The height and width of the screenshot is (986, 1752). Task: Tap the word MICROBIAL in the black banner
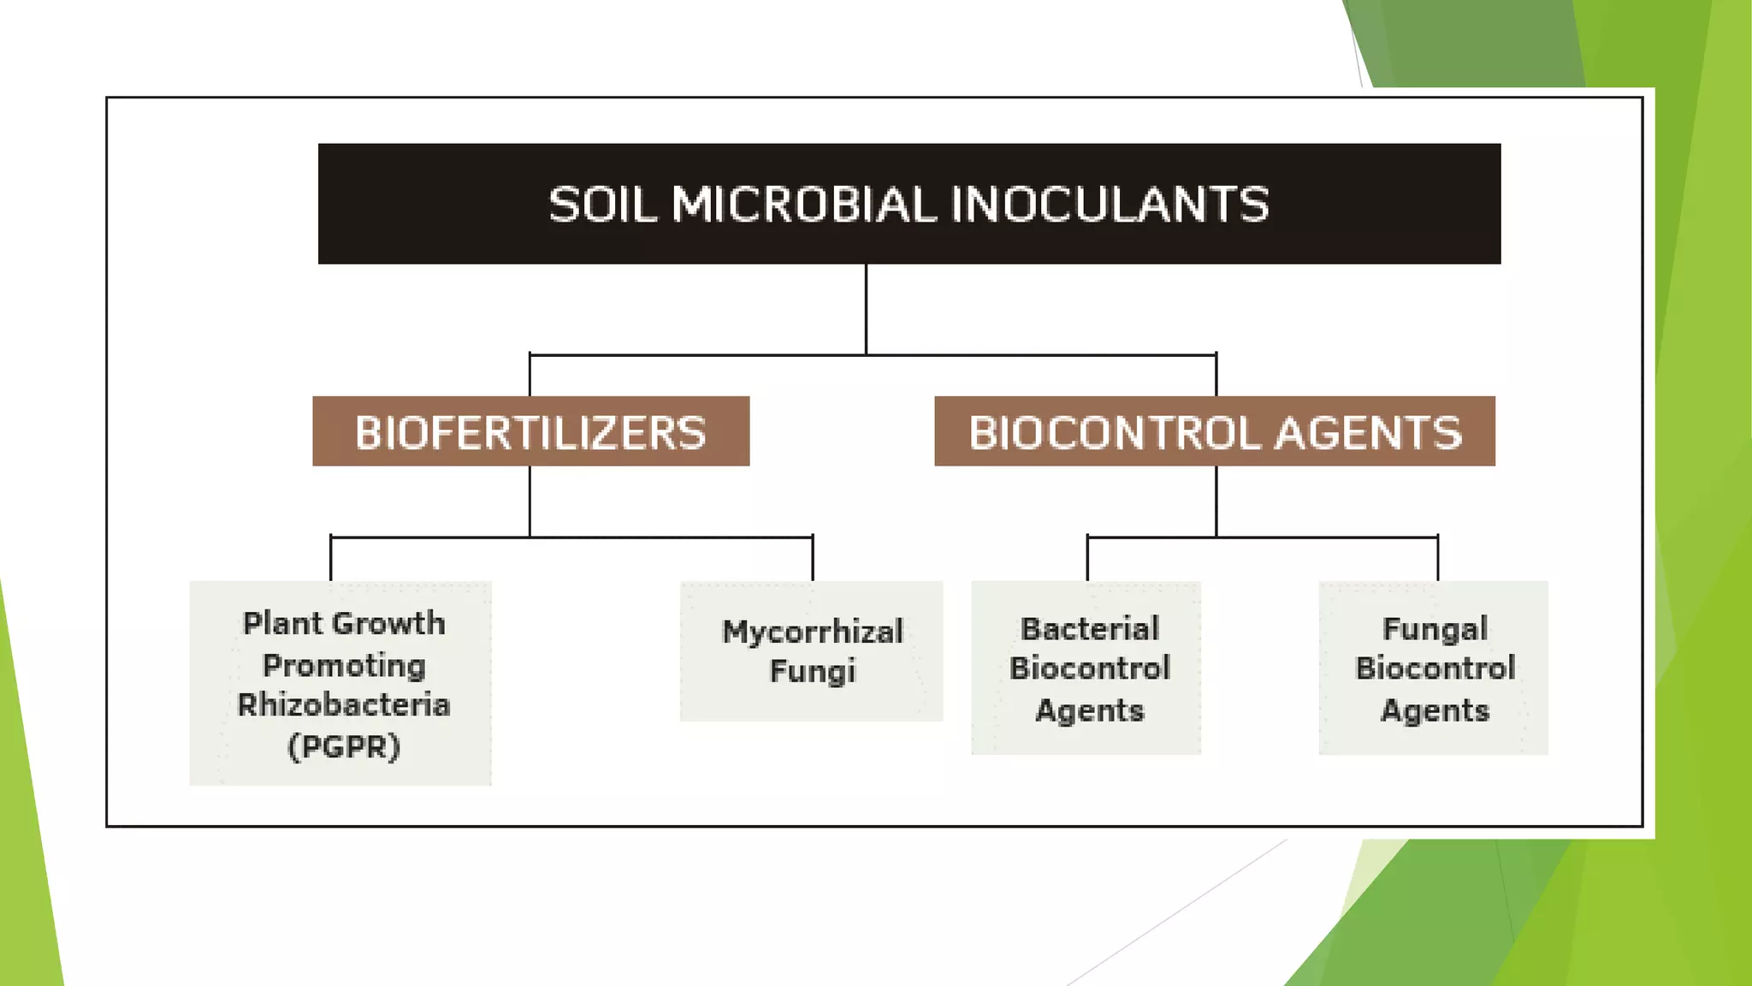pos(803,205)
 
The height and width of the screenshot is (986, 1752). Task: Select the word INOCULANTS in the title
pos(1110,205)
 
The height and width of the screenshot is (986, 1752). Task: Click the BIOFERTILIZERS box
pos(530,432)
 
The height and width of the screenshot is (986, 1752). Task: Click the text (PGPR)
pos(344,746)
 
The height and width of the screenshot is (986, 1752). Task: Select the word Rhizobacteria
pos(344,704)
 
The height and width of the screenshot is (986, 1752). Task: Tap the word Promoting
pos(344,665)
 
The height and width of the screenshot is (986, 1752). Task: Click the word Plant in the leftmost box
pos(281,623)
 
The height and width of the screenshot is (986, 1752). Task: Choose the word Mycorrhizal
pos(812,632)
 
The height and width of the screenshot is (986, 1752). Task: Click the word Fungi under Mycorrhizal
pos(812,671)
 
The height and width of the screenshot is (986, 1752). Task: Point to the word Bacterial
pos(1089,629)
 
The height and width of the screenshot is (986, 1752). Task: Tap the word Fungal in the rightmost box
pos(1435,629)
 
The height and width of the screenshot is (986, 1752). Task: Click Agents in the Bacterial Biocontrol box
pos(1089,710)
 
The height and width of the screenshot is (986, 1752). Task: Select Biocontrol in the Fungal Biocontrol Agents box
pos(1435,668)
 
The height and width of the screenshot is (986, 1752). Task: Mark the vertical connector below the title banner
pos(866,308)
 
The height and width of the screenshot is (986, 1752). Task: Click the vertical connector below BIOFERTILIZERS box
pos(530,501)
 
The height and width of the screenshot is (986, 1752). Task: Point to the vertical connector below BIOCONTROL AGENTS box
pos(1216,501)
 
